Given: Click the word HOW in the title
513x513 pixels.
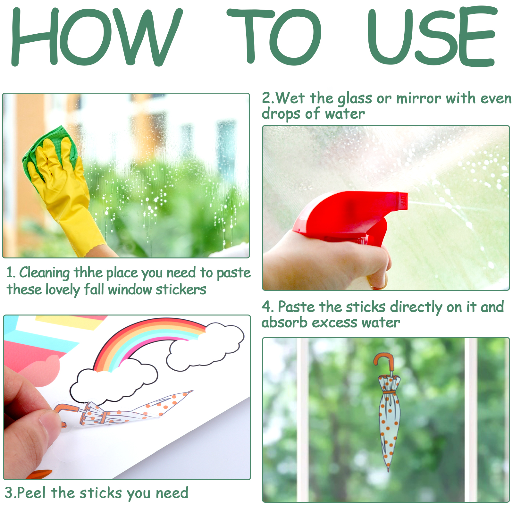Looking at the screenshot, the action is tap(96, 37).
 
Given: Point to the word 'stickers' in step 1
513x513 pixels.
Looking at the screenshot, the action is tap(181, 289).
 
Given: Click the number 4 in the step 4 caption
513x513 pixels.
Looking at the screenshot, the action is tap(266, 307).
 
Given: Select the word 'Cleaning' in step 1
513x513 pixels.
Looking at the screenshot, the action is tap(44, 273).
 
